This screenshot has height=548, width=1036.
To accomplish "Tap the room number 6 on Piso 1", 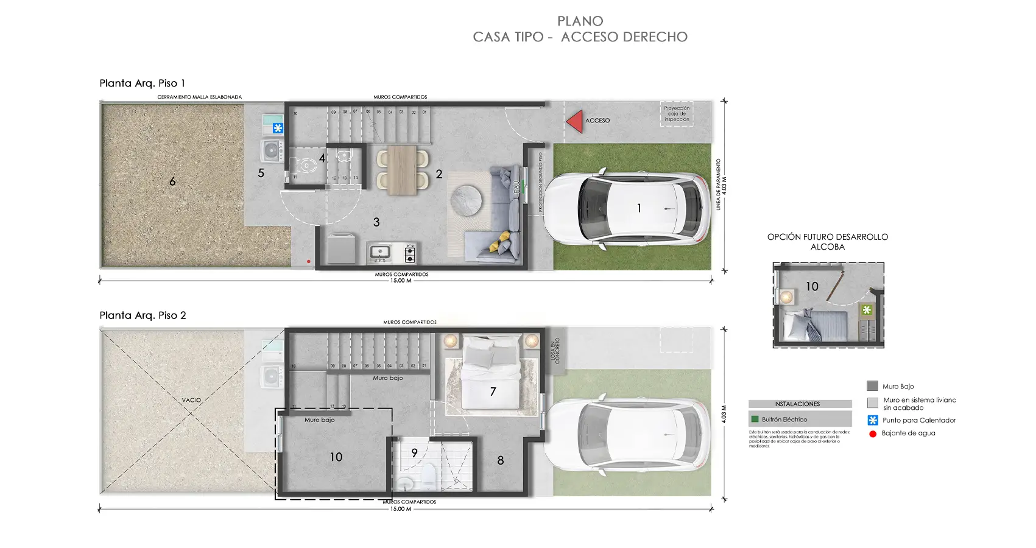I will coord(172,181).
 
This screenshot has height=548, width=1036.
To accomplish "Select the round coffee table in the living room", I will coord(466,200).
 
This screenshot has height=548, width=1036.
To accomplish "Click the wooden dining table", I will coord(402,170).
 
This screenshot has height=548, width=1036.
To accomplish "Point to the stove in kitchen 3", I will coord(410,253).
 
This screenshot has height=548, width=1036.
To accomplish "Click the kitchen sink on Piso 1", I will coord(381,251).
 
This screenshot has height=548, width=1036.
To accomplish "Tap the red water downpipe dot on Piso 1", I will coord(309,262).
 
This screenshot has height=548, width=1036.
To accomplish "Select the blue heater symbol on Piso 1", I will coord(278,128).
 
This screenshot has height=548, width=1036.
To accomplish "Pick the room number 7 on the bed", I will coord(493,392).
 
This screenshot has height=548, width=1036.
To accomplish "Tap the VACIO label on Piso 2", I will coord(191,400).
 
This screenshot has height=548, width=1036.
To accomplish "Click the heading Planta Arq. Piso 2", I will coord(143,315).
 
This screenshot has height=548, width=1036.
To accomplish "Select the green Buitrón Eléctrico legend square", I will coord(755,419).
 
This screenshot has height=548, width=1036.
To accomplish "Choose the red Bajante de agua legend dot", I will coord(873,434).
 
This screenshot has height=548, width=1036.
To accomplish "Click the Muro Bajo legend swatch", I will coord(872,386).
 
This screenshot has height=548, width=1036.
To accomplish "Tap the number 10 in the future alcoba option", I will coord(812,286).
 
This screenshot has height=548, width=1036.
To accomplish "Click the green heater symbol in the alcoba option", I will coord(867,310).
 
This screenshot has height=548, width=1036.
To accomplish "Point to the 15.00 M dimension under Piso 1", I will coord(401,281).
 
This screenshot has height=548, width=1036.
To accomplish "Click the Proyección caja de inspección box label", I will coord(677,114).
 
